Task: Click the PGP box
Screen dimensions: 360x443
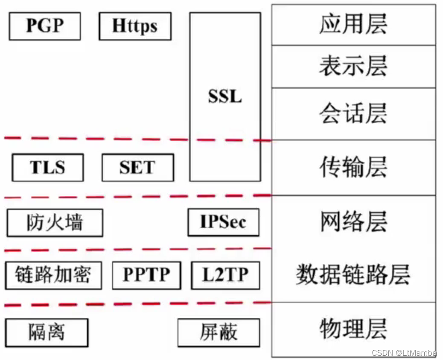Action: (45, 26)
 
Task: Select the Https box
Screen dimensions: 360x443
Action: (135, 26)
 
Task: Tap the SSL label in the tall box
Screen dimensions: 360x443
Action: (225, 97)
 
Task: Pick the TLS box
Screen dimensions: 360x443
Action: (48, 168)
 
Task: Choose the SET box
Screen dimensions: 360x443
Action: (137, 168)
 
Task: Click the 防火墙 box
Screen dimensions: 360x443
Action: (55, 223)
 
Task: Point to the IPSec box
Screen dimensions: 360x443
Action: (223, 222)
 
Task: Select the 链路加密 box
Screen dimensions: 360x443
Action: (53, 276)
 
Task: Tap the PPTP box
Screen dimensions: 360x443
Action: (146, 276)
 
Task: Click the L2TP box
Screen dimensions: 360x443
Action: (225, 276)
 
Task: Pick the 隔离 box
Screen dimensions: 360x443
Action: (47, 332)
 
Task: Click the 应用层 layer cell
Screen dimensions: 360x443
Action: (353, 25)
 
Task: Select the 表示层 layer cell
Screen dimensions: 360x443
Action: (353, 67)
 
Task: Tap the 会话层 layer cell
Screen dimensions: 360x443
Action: (353, 114)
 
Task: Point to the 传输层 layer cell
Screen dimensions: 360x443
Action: (353, 167)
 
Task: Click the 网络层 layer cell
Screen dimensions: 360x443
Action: (353, 222)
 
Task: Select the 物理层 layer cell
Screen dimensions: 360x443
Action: (353, 329)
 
